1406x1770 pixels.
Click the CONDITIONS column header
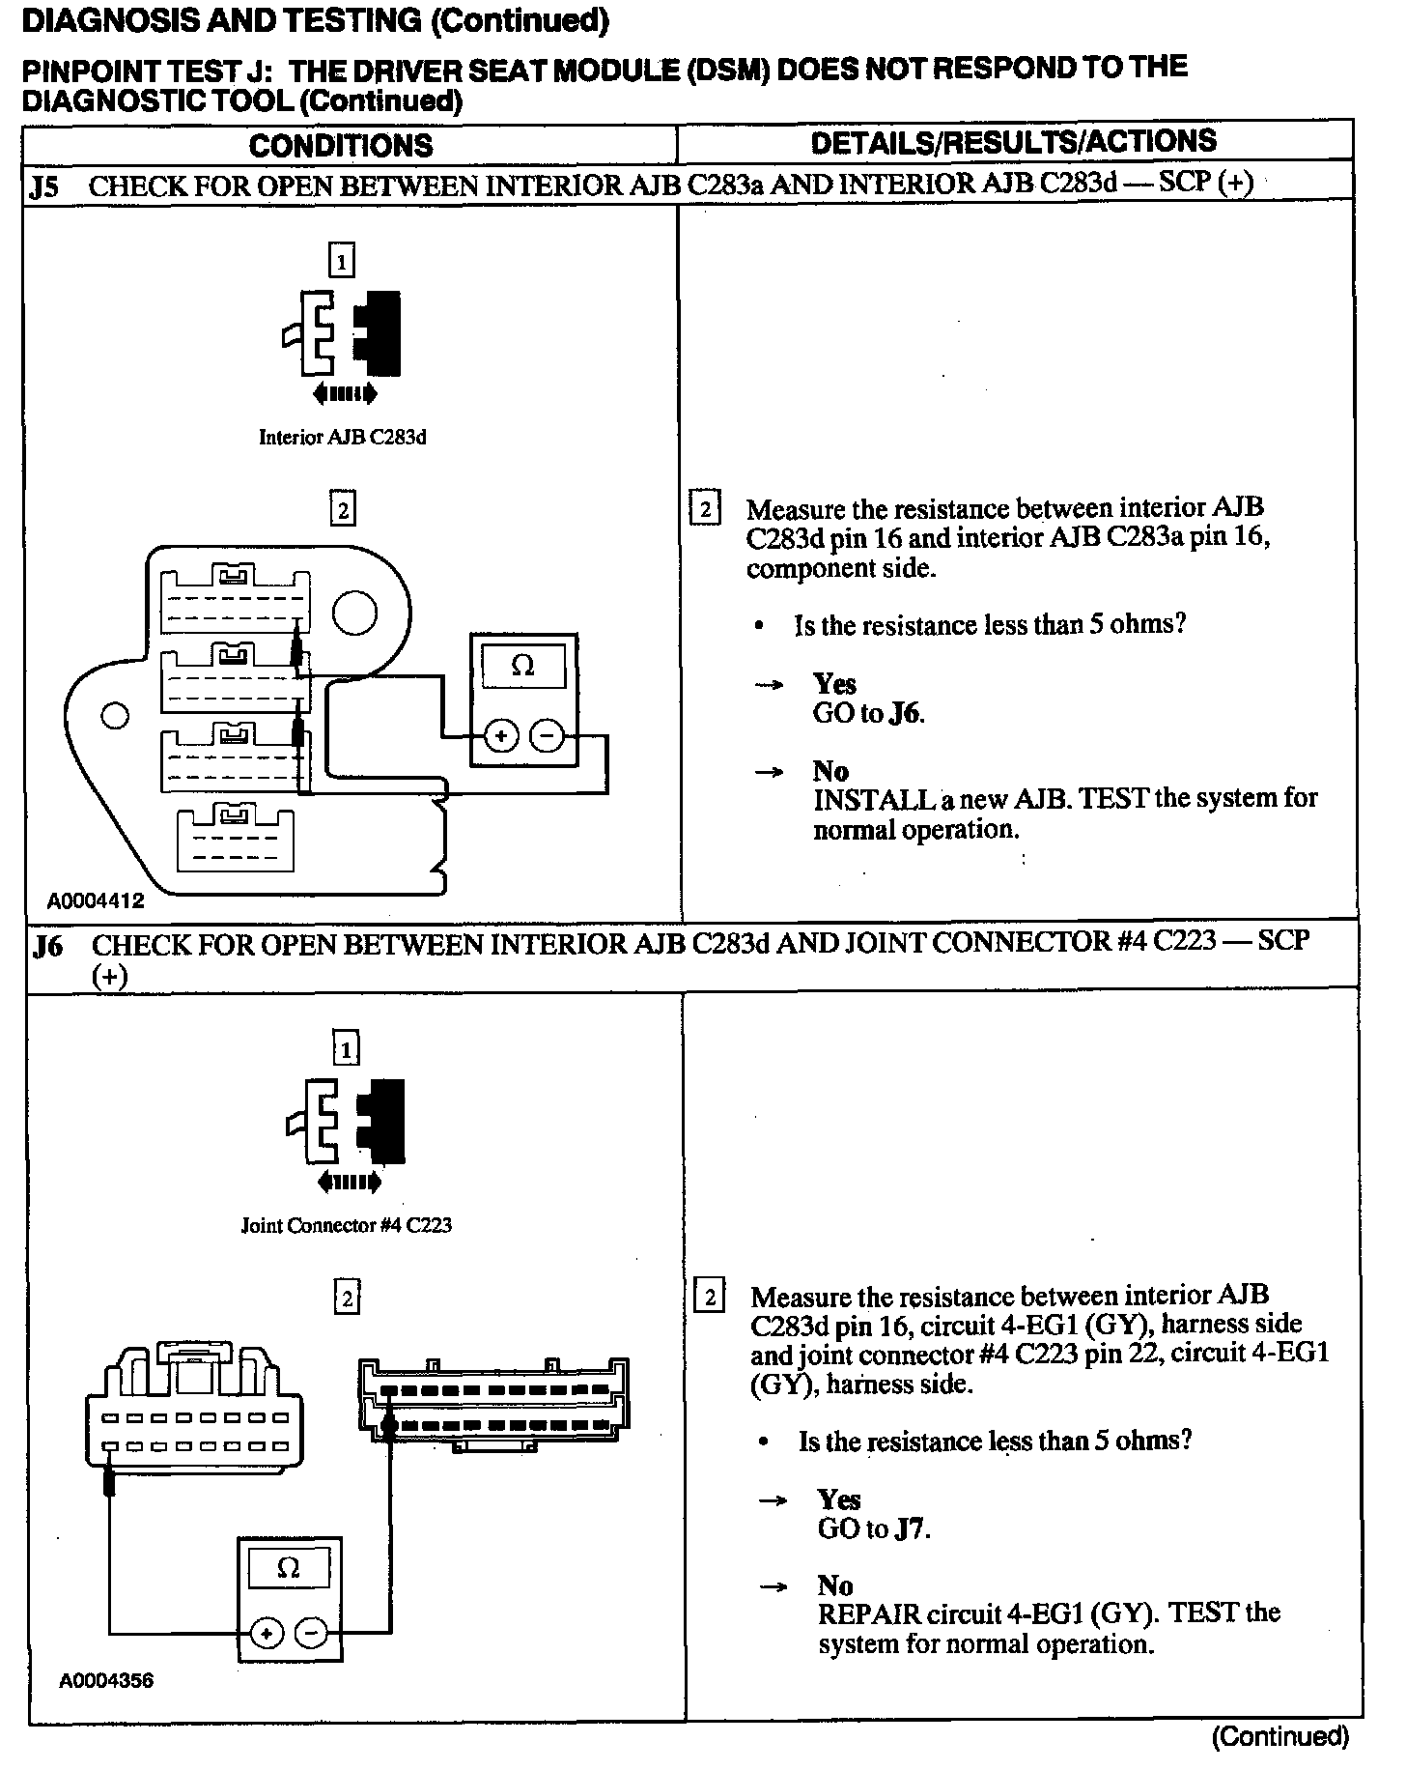click(341, 146)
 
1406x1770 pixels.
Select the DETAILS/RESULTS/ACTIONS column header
click(1014, 142)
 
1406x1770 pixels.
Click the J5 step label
click(44, 186)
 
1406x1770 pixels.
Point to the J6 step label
click(47, 945)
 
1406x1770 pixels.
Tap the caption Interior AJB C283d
click(342, 437)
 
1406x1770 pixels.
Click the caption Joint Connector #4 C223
click(346, 1225)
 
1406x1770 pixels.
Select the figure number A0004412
click(96, 900)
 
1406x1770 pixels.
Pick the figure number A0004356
click(105, 1680)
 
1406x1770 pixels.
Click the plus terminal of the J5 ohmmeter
click(500, 736)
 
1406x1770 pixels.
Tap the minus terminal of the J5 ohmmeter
click(547, 736)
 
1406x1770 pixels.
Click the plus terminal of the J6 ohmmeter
click(267, 1634)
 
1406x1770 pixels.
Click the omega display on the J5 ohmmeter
click(522, 667)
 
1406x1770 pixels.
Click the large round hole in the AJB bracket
click(354, 614)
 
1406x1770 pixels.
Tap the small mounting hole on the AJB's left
click(115, 716)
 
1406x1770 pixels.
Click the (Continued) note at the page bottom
click(1279, 1736)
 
